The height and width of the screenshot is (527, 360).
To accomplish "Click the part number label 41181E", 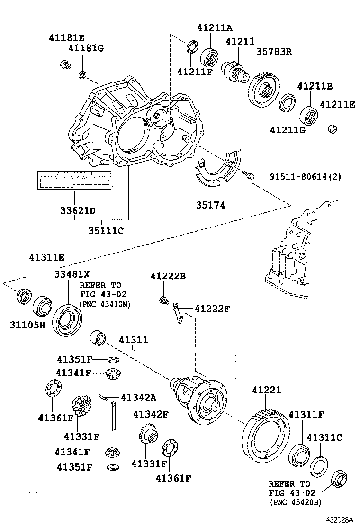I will [66, 37].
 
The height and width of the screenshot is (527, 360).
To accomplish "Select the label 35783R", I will [274, 51].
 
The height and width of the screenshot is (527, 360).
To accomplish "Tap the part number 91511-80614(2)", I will [306, 177].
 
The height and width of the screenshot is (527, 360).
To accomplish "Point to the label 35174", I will [210, 205].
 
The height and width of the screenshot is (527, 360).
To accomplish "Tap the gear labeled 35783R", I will [264, 89].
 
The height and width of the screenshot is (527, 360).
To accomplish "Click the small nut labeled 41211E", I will [333, 127].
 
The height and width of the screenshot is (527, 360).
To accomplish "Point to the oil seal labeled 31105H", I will [23, 296].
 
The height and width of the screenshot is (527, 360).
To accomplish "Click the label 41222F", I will [212, 309].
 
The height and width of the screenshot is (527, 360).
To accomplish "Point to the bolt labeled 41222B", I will [164, 300].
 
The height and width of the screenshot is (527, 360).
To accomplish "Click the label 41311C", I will [325, 437].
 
